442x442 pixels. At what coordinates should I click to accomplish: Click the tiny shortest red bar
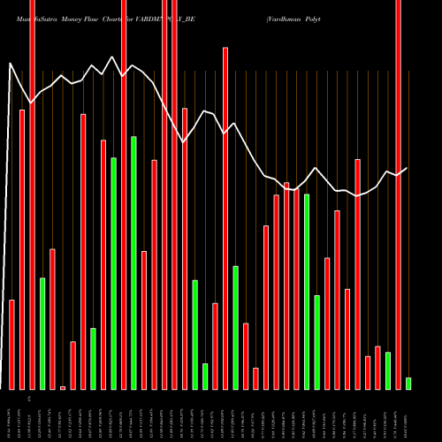(x=63, y=387)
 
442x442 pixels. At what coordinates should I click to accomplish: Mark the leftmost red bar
(x=11, y=345)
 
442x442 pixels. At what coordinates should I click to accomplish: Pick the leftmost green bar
(x=42, y=333)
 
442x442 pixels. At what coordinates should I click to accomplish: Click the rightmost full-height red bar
(x=398, y=194)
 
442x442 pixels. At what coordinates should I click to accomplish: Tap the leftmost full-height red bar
(x=32, y=194)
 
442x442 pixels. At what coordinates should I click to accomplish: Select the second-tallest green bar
(x=113, y=273)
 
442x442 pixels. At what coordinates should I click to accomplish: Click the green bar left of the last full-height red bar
(x=387, y=370)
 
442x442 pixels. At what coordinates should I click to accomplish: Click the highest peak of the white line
(x=112, y=57)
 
